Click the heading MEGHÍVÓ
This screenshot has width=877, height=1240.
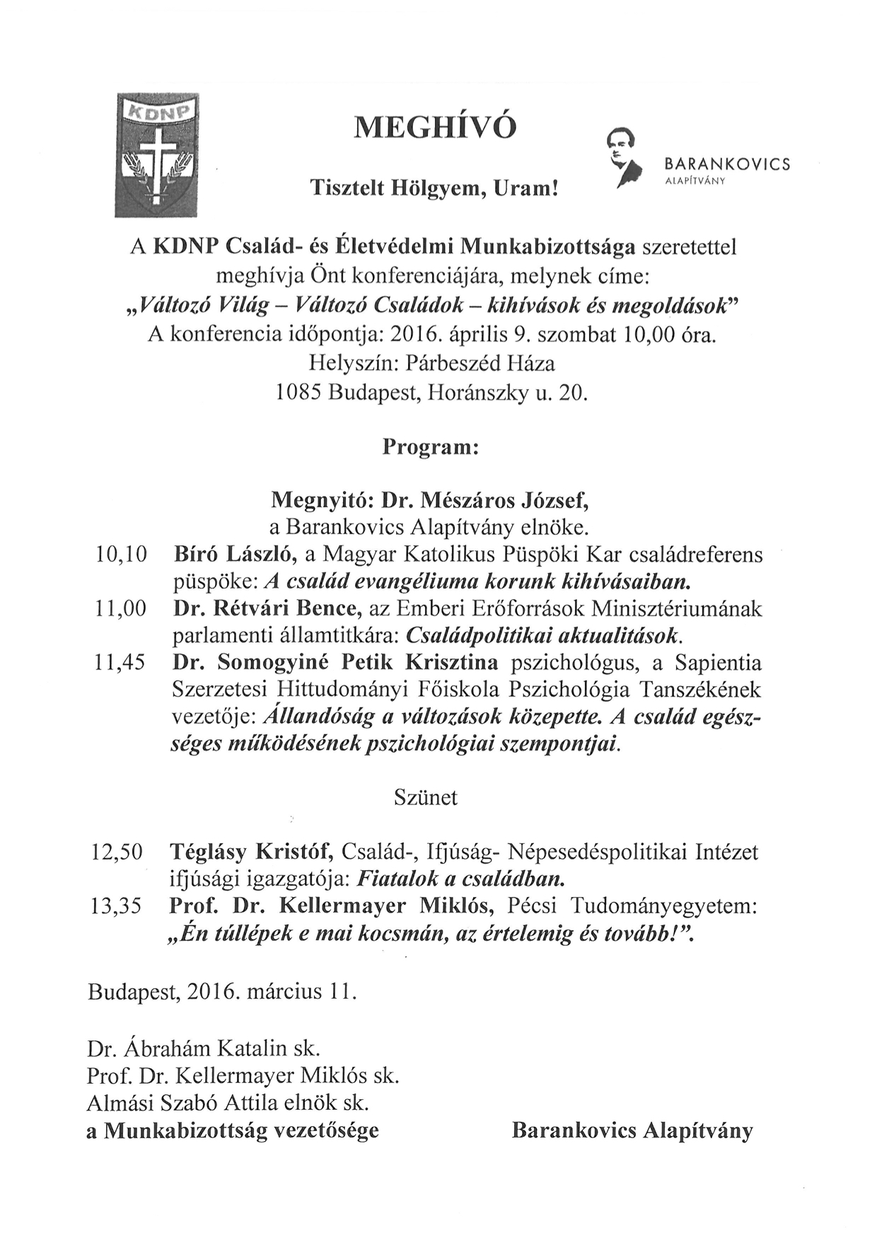point(435,127)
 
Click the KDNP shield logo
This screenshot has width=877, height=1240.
point(157,156)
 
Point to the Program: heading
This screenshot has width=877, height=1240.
point(431,448)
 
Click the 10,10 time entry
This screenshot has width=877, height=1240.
point(120,555)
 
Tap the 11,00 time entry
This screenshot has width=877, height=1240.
point(120,608)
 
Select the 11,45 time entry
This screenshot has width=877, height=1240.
point(120,663)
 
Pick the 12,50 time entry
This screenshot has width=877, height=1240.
point(117,852)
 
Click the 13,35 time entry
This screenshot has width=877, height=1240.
point(117,906)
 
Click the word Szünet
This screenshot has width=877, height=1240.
point(425,798)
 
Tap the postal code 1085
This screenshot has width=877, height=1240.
point(298,393)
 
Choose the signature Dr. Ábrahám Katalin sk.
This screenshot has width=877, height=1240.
point(204,1048)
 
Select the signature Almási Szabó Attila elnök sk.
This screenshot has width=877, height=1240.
point(228,1103)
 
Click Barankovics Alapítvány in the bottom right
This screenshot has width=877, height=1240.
point(632,1130)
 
